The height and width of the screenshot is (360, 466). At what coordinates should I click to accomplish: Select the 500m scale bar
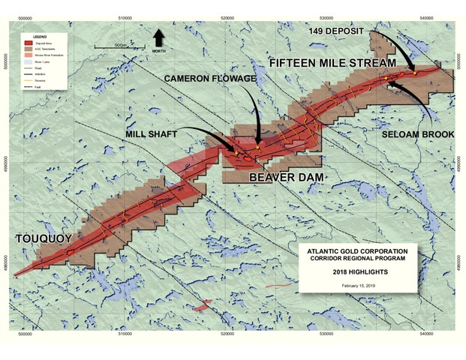pyautogui.click(x=116, y=49)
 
